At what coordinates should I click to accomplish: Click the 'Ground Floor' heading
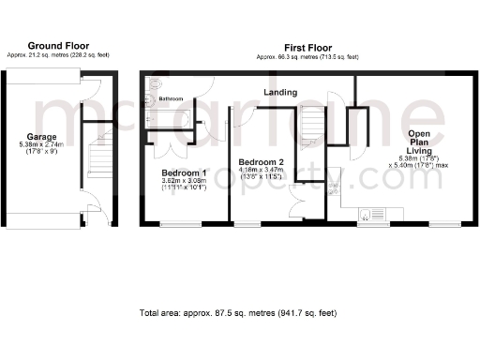tap(57, 45)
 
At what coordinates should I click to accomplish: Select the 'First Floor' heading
tap(307, 47)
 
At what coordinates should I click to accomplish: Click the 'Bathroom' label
tap(170, 98)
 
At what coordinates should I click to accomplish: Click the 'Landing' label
tap(280, 93)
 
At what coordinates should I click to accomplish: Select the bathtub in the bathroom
tap(169, 119)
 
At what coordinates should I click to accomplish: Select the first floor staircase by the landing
tap(310, 127)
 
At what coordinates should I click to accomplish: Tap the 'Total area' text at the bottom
tap(237, 312)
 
